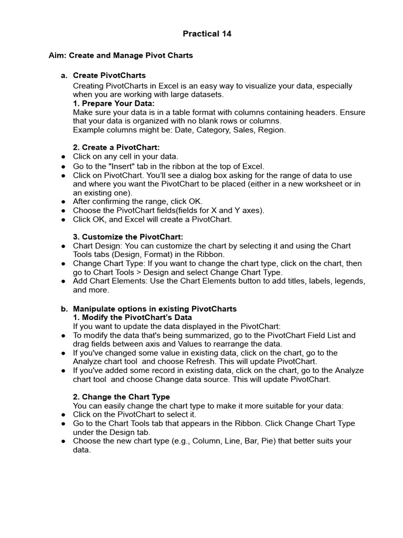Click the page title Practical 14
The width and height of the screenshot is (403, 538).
(207, 34)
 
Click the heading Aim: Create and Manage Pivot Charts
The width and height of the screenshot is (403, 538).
(121, 55)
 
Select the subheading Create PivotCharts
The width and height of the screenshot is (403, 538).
(109, 76)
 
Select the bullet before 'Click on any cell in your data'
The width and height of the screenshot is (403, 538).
(63, 157)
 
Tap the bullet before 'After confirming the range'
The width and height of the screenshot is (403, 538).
(63, 202)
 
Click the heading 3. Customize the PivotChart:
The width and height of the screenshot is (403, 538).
(128, 237)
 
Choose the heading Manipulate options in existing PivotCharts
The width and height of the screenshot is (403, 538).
(155, 309)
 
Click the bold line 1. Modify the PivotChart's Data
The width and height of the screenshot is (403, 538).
(132, 317)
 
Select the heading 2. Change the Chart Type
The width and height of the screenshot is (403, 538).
(121, 397)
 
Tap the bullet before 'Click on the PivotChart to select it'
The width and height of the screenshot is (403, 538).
(63, 415)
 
